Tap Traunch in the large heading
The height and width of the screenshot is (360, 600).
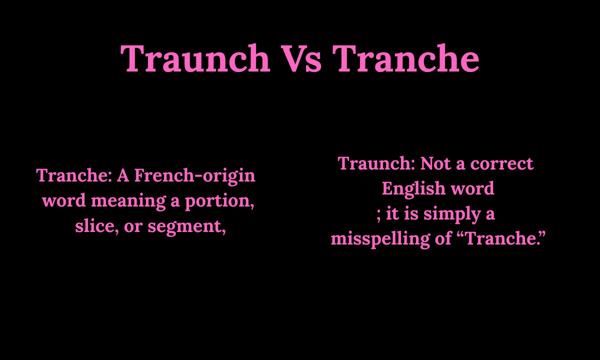(195, 59)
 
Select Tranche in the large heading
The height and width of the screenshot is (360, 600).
(406, 59)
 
